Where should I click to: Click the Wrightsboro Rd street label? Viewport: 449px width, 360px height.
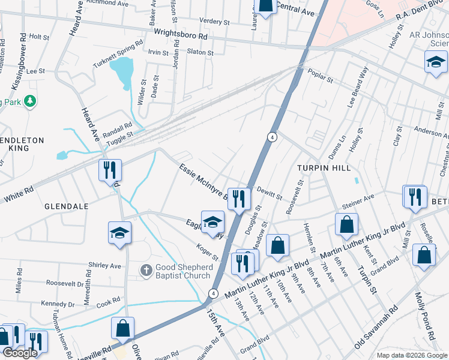(x=181, y=35)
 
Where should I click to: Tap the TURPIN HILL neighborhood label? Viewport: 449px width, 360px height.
(x=325, y=168)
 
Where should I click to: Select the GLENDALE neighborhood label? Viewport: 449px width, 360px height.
(x=66, y=206)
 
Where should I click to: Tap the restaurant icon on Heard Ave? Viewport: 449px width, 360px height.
(x=110, y=169)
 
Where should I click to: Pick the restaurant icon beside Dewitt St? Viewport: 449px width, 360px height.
(x=239, y=197)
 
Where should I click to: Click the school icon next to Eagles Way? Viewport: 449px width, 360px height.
(x=212, y=222)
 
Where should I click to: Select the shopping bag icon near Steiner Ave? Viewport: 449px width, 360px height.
(x=347, y=226)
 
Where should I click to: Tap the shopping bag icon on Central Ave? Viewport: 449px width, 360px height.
(x=265, y=6)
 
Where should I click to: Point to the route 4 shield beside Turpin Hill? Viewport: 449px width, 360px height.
(x=272, y=137)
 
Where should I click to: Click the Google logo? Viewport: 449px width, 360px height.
(x=20, y=353)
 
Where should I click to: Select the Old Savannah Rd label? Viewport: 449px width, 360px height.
(x=377, y=327)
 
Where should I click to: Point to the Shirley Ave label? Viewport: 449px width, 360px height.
(x=104, y=265)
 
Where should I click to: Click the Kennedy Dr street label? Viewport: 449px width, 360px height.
(x=59, y=304)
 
